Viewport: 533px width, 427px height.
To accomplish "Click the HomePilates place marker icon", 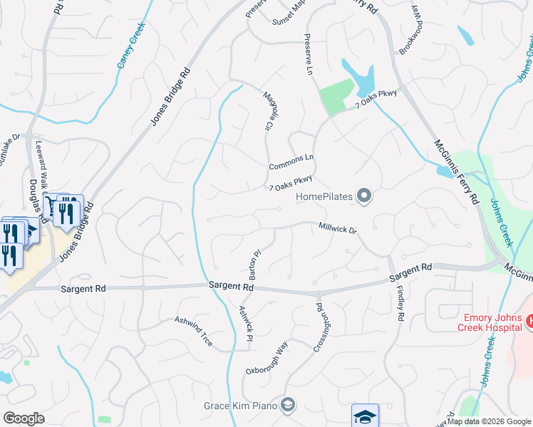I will (x=364, y=196).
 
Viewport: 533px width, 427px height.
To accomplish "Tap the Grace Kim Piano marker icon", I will (x=287, y=405).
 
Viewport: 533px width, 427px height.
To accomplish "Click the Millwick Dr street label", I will (x=337, y=228).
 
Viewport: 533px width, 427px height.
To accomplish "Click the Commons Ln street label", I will (x=291, y=162).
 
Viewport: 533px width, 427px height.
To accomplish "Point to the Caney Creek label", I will (x=131, y=45).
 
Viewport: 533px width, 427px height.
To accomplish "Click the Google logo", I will (x=24, y=418).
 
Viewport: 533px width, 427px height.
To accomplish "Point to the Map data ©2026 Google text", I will (x=489, y=421).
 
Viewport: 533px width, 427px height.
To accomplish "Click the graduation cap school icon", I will (x=365, y=416).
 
